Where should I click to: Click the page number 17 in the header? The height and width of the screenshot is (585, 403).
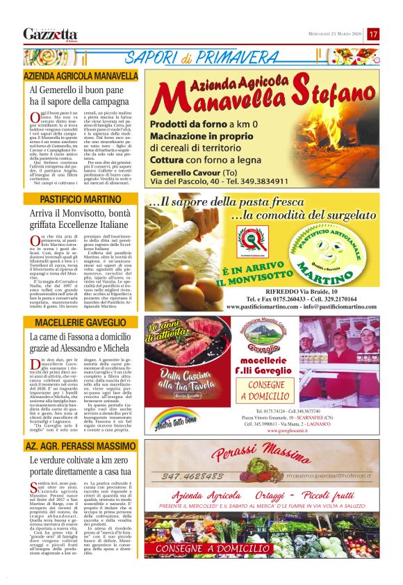pyautogui.click(x=373, y=33)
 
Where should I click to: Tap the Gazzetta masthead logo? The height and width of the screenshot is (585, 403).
pyautogui.click(x=50, y=34)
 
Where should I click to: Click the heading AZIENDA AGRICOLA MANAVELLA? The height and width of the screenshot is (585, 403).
pyautogui.click(x=80, y=75)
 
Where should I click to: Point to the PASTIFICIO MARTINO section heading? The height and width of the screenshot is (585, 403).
pyautogui.click(x=80, y=199)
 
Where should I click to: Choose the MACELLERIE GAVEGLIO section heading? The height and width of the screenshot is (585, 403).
pyautogui.click(x=80, y=323)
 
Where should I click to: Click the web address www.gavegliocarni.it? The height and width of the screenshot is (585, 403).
pyautogui.click(x=275, y=429)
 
